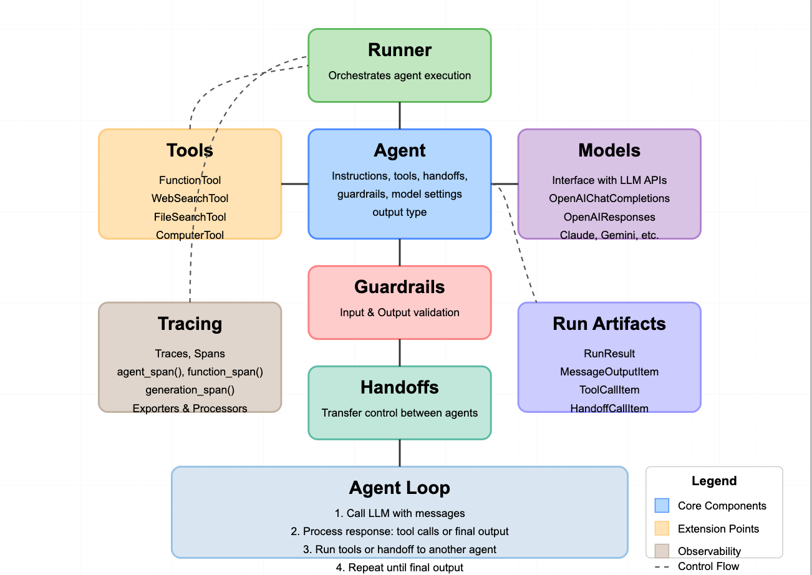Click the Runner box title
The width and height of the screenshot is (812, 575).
(x=400, y=50)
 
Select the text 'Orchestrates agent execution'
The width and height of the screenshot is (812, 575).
(x=400, y=75)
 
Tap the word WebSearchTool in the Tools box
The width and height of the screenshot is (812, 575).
(x=190, y=198)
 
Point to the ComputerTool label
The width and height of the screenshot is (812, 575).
(x=190, y=235)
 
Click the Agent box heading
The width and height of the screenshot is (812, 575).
(x=400, y=150)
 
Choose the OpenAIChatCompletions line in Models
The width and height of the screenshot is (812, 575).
(x=609, y=198)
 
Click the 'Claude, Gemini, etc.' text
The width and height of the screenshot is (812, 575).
(x=609, y=235)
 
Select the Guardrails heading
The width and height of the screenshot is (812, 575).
(x=400, y=287)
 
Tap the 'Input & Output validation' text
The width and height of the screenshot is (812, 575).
(x=400, y=312)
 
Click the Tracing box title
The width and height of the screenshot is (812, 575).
(x=190, y=324)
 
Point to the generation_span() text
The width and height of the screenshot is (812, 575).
(x=190, y=390)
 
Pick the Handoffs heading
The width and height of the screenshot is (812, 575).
(x=400, y=387)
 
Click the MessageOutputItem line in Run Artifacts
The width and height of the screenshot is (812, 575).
(x=609, y=372)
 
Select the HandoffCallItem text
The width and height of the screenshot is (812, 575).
(x=609, y=408)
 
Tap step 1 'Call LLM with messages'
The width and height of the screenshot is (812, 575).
(x=400, y=513)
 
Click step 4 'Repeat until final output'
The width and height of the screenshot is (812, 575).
(x=400, y=568)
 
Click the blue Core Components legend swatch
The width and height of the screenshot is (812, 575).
(x=662, y=505)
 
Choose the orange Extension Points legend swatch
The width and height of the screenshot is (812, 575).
(x=662, y=528)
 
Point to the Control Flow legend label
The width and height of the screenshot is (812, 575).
(x=708, y=566)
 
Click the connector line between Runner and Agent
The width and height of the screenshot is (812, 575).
(x=400, y=115)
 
